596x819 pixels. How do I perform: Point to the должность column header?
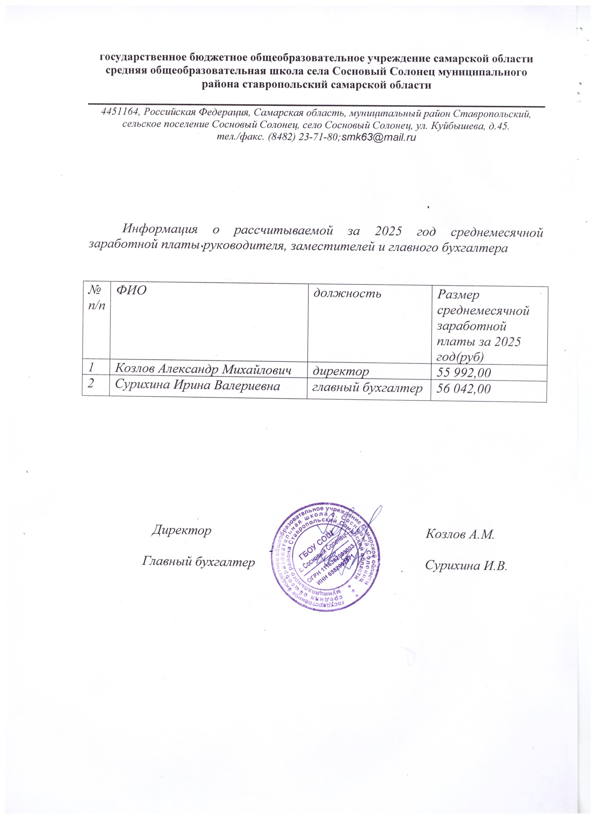(x=347, y=294)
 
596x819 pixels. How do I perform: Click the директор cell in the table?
(x=341, y=371)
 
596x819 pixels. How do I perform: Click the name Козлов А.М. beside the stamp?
(x=459, y=534)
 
